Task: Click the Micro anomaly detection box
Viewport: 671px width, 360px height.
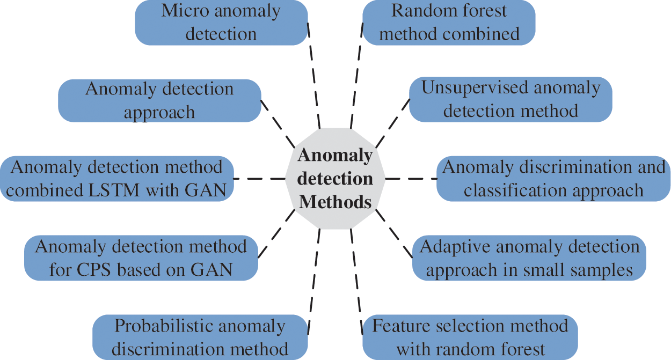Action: click(x=221, y=23)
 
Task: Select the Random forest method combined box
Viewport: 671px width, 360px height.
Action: click(x=449, y=23)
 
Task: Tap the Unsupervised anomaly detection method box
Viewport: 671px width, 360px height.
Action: click(x=510, y=99)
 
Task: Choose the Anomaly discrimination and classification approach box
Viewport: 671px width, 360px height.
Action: click(x=553, y=179)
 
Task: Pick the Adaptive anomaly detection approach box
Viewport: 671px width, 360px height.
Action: click(x=529, y=258)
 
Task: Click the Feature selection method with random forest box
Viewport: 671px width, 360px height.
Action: click(x=470, y=337)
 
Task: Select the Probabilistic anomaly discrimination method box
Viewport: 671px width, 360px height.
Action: click(x=200, y=337)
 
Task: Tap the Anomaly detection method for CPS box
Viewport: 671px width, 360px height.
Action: click(x=141, y=258)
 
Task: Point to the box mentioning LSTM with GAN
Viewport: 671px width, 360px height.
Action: click(x=116, y=179)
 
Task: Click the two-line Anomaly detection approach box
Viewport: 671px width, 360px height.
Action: click(x=159, y=100)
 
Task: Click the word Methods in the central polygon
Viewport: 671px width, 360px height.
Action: click(x=335, y=202)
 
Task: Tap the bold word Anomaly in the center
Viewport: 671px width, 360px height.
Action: click(x=335, y=155)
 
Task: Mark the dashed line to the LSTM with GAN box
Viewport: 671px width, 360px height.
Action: click(x=259, y=179)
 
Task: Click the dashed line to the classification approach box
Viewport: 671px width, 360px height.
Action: click(x=411, y=179)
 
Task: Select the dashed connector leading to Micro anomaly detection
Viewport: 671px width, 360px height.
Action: click(x=314, y=75)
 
